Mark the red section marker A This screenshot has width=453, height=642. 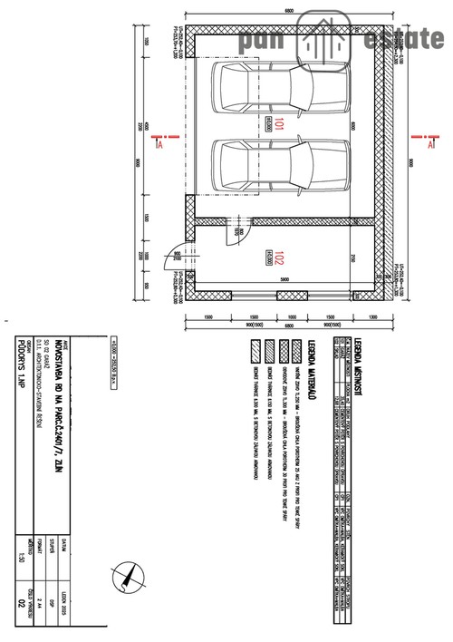[157, 141]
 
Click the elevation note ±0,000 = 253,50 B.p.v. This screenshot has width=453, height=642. [115, 363]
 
